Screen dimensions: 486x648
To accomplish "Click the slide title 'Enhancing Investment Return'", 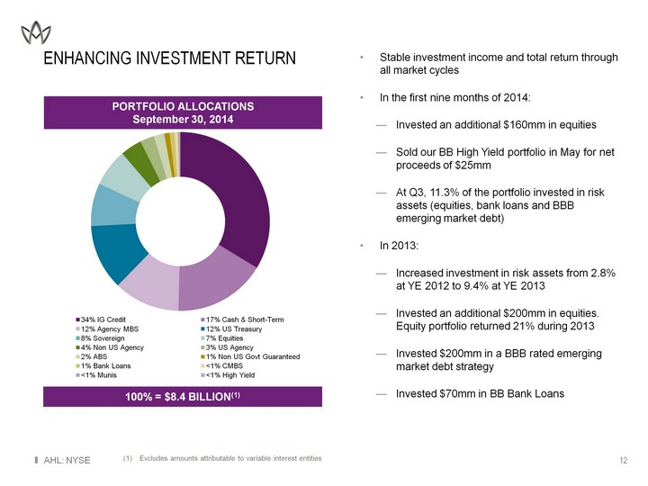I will click(x=170, y=59).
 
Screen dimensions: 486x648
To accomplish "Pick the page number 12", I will click(x=623, y=461).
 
